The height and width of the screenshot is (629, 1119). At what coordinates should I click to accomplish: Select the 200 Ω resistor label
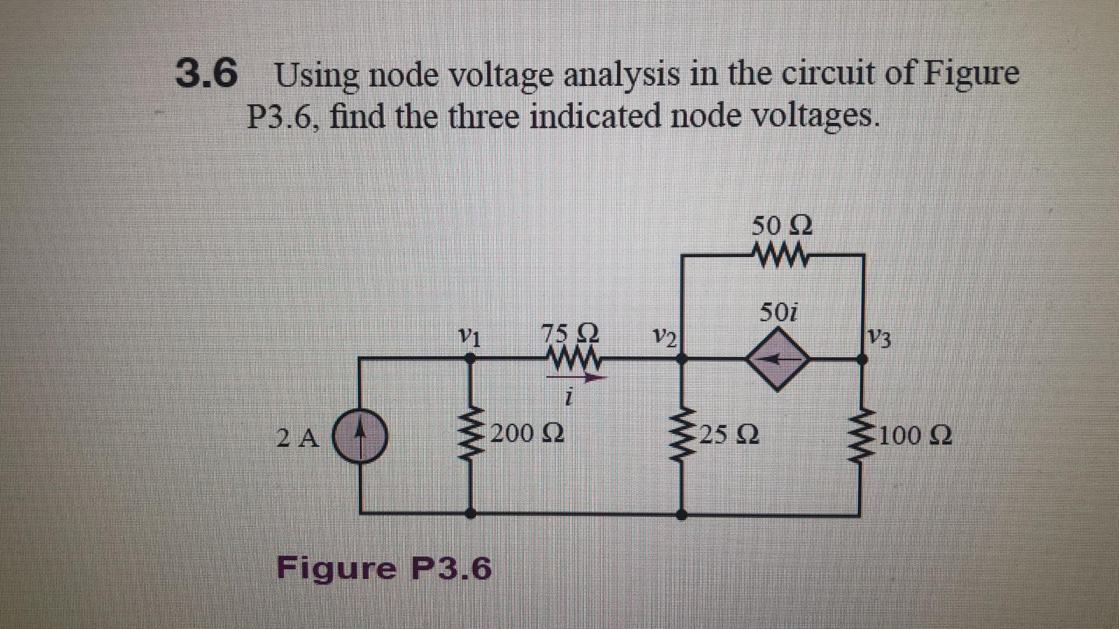[528, 434]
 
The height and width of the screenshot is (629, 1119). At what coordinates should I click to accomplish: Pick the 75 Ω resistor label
[570, 331]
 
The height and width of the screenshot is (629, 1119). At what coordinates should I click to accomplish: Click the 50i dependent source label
[778, 312]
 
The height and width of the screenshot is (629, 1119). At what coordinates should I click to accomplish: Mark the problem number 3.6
[206, 74]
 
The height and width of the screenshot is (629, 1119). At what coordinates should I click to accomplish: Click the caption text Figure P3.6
[384, 567]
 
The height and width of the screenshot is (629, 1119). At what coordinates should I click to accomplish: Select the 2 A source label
[297, 438]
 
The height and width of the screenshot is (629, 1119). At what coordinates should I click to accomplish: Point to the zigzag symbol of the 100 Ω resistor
[861, 437]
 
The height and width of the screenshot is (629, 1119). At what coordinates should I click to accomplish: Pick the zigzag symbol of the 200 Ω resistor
[471, 437]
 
